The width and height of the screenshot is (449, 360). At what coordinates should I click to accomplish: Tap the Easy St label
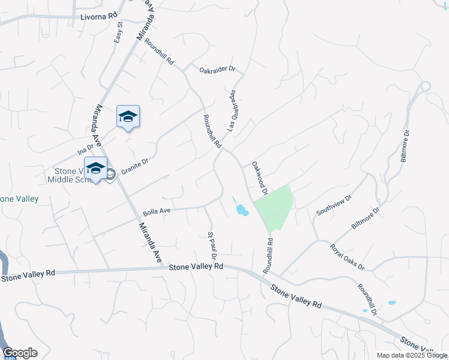point(119,32)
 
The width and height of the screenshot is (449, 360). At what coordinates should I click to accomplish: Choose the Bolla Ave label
point(157,212)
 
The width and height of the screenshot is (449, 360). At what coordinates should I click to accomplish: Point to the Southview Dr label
point(334,204)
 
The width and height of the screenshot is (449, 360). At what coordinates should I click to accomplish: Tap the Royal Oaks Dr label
point(346,257)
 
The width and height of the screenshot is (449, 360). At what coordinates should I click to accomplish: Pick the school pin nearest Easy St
point(128,116)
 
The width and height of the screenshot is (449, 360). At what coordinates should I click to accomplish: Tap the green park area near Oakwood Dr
point(275,207)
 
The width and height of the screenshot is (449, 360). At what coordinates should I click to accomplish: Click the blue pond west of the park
point(242,210)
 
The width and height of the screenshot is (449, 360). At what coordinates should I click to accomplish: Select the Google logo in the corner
point(20,353)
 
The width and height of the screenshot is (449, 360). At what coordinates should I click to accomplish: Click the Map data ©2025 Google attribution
point(411,355)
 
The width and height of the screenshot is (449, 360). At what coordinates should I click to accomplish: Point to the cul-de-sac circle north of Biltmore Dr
point(426,86)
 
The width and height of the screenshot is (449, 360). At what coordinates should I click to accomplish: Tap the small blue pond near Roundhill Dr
point(391,302)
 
